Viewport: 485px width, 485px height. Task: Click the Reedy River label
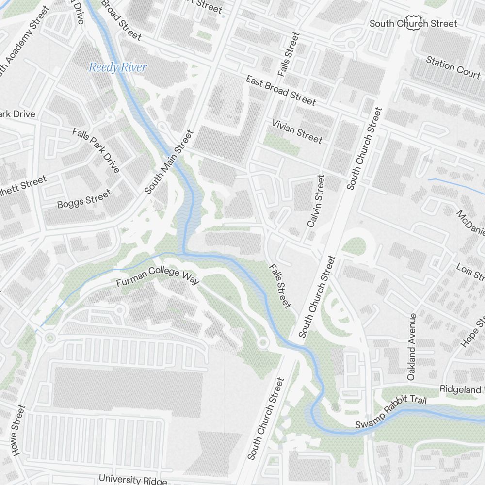117,67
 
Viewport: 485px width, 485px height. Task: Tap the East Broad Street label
280,91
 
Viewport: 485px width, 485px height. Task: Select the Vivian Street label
297,131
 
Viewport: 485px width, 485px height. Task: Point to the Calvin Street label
315,201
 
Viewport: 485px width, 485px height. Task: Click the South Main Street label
169,162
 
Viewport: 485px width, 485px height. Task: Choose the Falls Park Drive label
96,150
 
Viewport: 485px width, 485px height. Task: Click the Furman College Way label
158,276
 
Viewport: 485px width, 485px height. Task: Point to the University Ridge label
133,479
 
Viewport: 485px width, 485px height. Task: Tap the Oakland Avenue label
412,346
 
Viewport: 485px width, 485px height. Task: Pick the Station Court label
453,67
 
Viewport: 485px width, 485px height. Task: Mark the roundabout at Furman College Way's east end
263,343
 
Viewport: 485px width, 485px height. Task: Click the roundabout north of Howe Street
49,338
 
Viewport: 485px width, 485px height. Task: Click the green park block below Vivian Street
281,144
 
